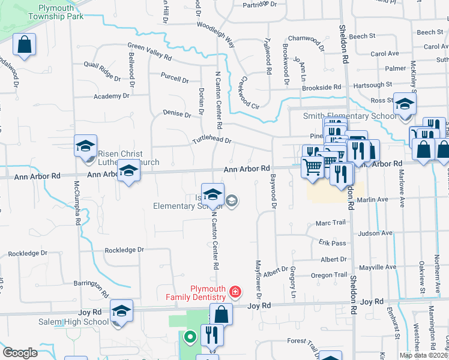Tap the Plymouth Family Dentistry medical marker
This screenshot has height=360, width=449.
[x=235, y=293]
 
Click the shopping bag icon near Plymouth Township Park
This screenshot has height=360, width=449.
[x=24, y=45]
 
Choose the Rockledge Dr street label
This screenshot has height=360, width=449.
[x=125, y=250]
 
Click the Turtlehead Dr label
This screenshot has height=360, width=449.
[x=211, y=140]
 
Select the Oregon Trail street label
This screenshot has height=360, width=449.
[x=329, y=275]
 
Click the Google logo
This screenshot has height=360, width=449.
[x=20, y=353]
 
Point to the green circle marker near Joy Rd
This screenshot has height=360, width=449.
[x=190, y=337]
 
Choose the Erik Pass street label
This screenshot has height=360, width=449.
[x=333, y=243]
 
